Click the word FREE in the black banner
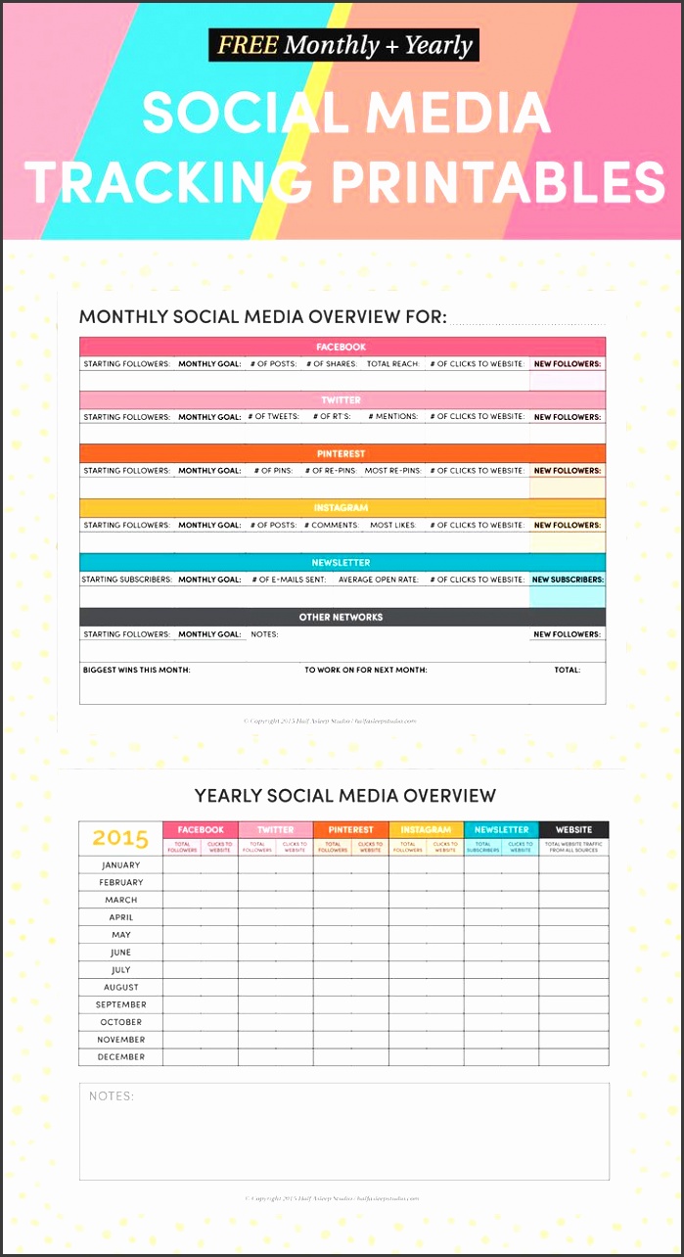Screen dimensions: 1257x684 [x=248, y=45]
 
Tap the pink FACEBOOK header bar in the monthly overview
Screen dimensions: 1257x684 [x=342, y=348]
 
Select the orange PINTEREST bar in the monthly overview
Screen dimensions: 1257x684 [x=342, y=454]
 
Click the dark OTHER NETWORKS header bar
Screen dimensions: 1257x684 [x=342, y=618]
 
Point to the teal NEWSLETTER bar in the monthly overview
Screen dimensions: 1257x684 [x=342, y=563]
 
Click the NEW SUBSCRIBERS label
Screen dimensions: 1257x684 [x=568, y=580]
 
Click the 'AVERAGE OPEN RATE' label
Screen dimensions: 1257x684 [x=378, y=580]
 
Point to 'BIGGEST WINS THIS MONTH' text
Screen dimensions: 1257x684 [x=137, y=671]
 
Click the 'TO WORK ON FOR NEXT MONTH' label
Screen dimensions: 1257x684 [x=365, y=671]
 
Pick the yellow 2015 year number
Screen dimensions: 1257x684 [x=120, y=839]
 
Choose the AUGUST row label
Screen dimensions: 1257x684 [x=121, y=988]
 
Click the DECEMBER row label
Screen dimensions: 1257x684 [x=121, y=1057]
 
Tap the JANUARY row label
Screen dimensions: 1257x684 [x=121, y=865]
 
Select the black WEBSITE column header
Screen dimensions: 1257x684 [x=573, y=830]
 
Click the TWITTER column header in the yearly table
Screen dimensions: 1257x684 [x=275, y=830]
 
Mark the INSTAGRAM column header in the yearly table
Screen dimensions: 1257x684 [x=426, y=830]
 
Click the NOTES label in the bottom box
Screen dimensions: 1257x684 [x=112, y=1096]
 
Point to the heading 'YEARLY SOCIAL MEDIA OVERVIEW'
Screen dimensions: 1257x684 [x=344, y=796]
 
